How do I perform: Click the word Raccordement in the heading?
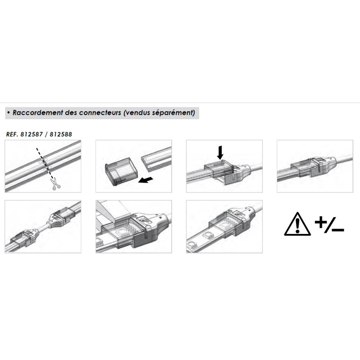tap(38, 113)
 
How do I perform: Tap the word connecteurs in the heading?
tap(100, 113)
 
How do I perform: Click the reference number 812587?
tap(31, 134)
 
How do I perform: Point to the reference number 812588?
tap(61, 134)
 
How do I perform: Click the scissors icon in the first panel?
tap(55, 184)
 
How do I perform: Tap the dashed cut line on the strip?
tap(45, 163)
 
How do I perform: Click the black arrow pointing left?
tap(146, 180)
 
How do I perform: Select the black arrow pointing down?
tap(220, 153)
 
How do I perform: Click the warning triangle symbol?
tap(297, 224)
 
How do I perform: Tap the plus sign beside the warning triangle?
tap(321, 222)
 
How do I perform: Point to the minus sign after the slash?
tap(338, 229)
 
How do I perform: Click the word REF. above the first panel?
tap(12, 134)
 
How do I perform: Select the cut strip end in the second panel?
tap(156, 159)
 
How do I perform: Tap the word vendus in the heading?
tap(138, 113)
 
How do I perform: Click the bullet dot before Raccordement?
tap(9, 113)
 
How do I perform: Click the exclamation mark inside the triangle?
tap(297, 225)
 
